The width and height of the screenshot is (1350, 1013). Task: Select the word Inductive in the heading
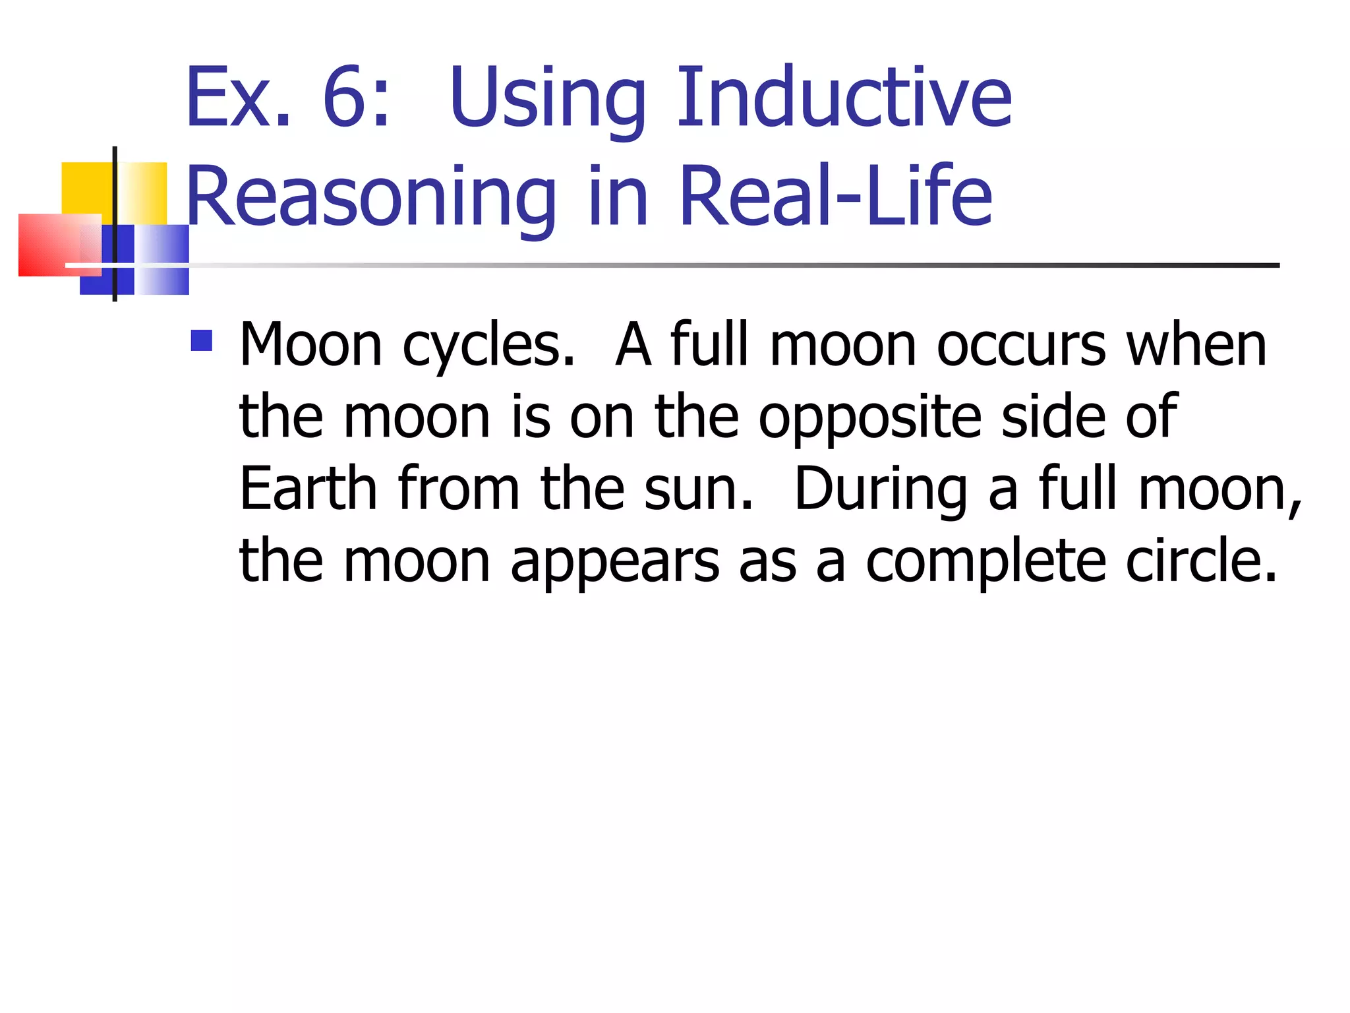point(844,98)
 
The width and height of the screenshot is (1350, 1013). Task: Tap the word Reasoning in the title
point(371,197)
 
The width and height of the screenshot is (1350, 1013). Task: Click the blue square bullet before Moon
point(201,340)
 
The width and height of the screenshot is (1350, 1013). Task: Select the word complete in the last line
point(985,562)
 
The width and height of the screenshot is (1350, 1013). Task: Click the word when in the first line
point(1196,346)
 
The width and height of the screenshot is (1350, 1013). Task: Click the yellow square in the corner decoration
point(86,187)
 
